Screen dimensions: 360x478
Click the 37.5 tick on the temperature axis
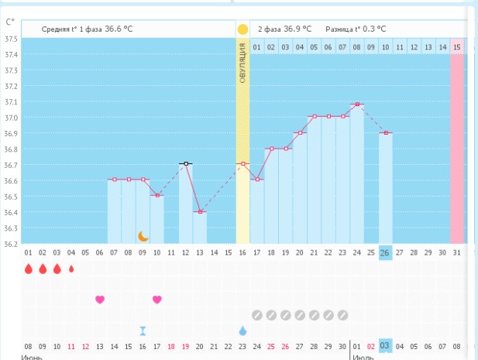(10, 39)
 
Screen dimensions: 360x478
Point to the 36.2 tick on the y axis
(10, 244)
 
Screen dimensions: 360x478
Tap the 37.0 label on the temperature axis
(10, 118)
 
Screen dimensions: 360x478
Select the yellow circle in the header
(242, 29)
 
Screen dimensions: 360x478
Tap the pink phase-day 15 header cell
(457, 47)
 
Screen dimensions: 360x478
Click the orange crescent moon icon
(143, 236)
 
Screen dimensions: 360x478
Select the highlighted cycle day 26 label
(385, 253)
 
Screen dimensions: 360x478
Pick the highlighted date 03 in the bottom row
(385, 346)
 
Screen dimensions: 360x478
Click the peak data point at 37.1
(356, 104)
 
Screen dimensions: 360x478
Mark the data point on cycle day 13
(200, 211)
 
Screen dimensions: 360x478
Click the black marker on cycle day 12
(185, 163)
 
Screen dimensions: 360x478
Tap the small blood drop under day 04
(71, 269)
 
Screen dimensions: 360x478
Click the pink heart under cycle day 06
(99, 300)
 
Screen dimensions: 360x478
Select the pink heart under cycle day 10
(156, 300)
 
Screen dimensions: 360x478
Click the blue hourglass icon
(143, 331)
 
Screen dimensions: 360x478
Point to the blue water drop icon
(242, 331)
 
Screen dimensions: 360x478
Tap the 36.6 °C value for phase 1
(119, 29)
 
